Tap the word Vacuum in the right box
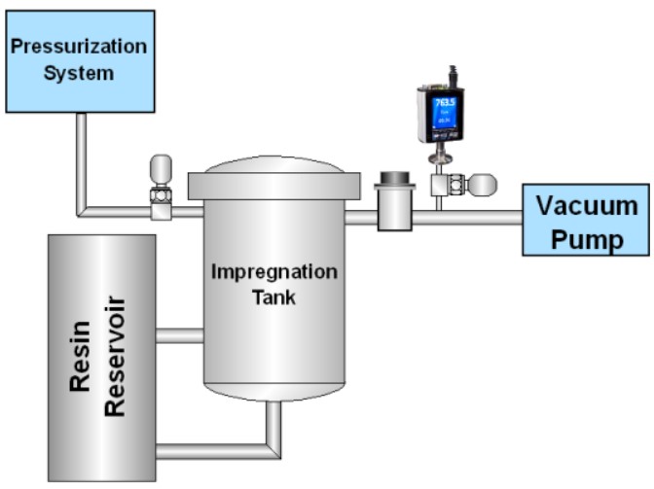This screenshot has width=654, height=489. (x=587, y=206)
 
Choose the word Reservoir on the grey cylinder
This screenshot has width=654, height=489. (x=115, y=357)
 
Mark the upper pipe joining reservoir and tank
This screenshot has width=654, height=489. (x=179, y=335)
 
